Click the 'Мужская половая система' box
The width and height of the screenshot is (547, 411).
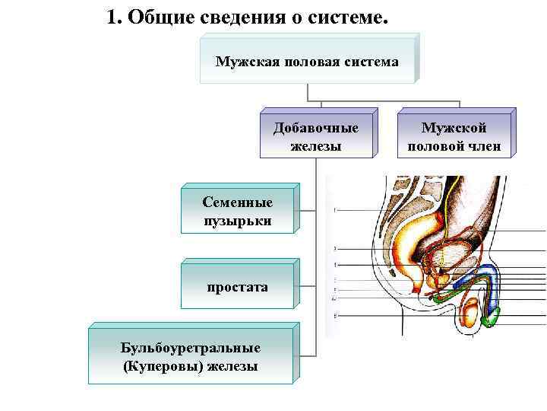tap(307, 60)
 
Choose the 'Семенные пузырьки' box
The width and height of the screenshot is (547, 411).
tap(237, 211)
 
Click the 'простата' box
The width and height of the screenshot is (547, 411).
tap(237, 287)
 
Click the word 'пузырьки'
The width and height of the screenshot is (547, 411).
tap(237, 221)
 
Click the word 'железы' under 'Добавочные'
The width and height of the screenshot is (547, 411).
tap(315, 145)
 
